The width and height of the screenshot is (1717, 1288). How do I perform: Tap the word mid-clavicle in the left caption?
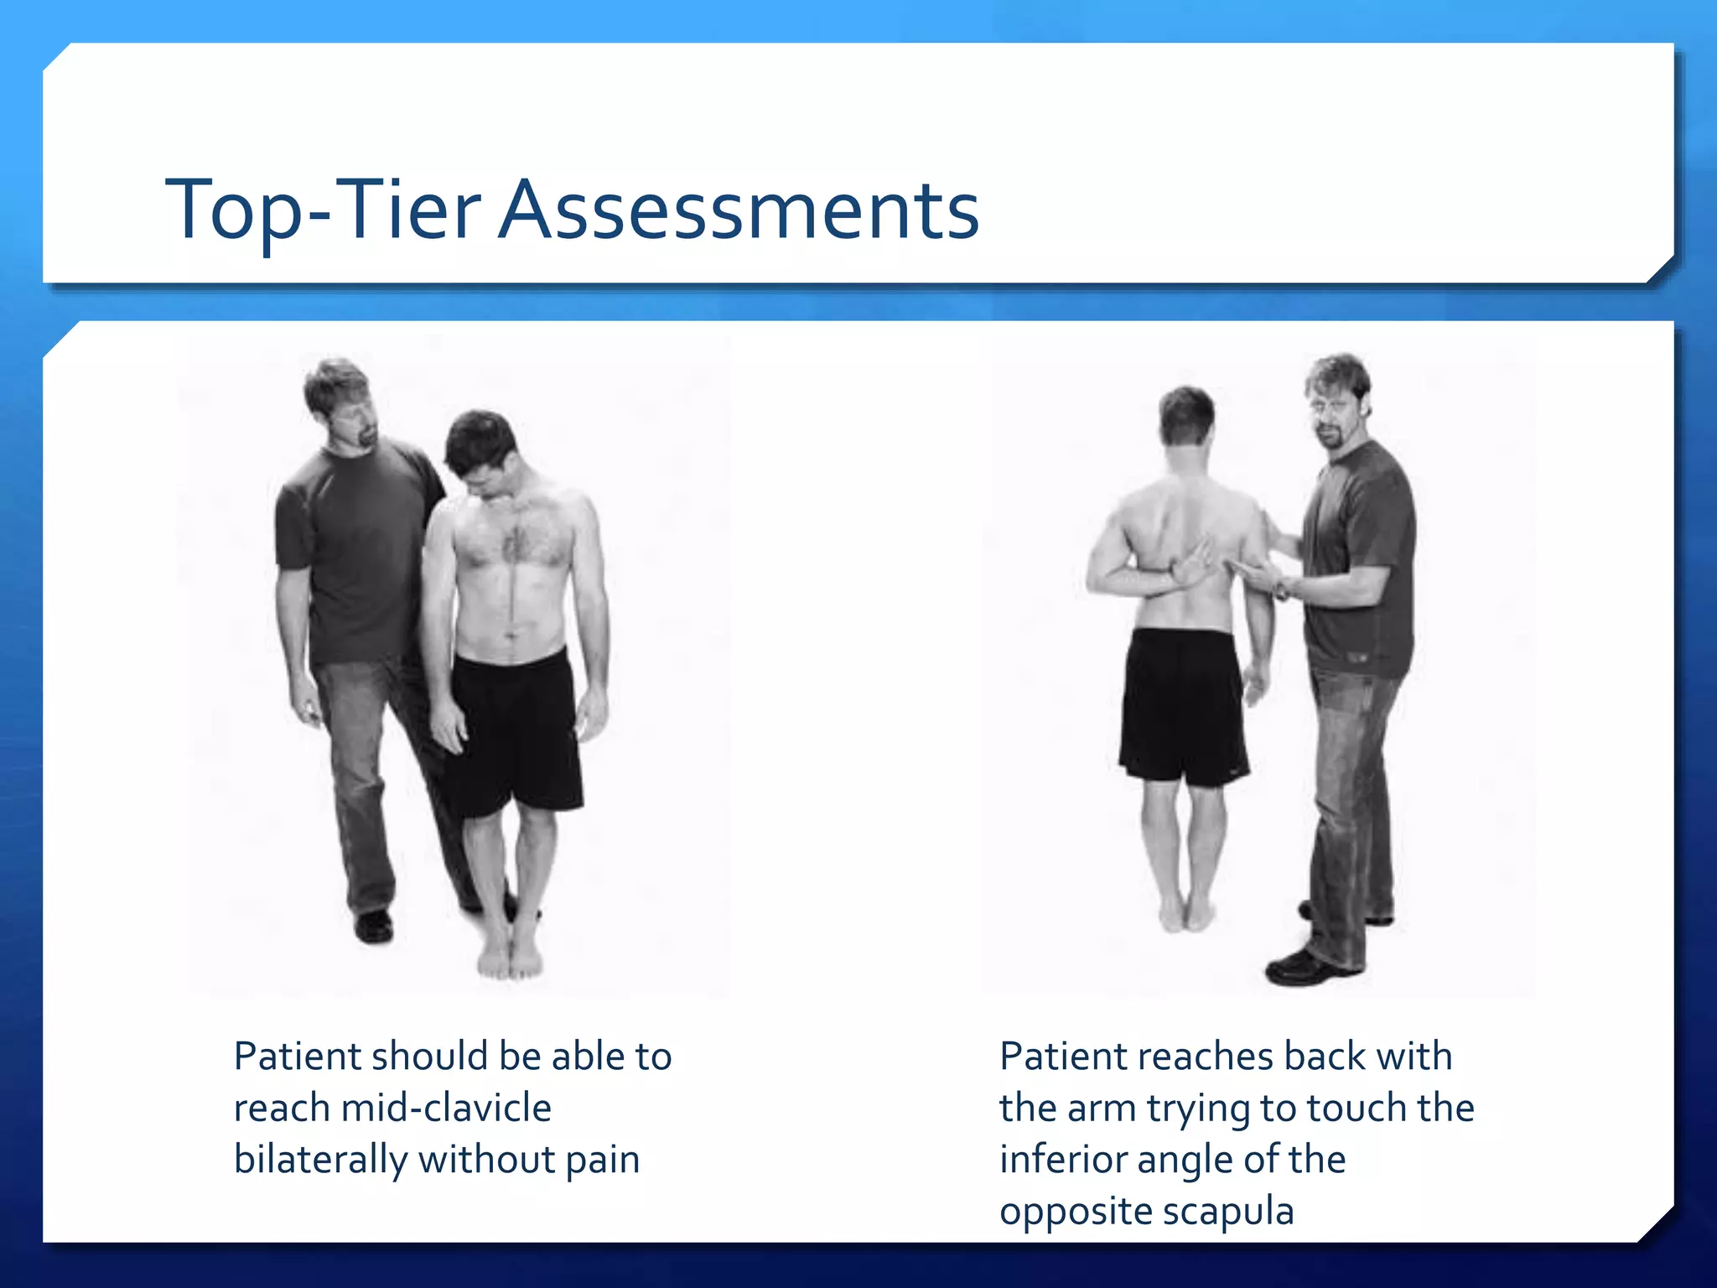click(446, 1109)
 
